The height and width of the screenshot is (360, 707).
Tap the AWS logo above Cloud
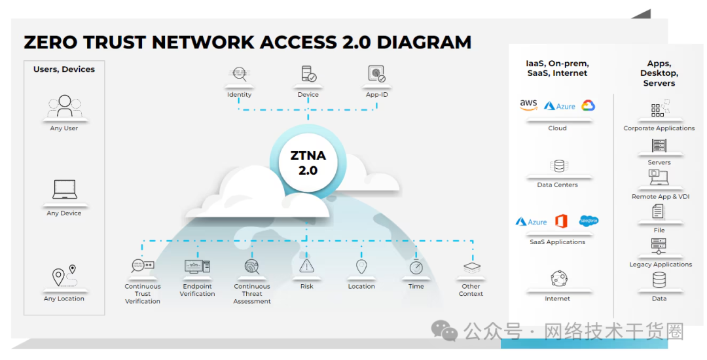click(x=528, y=105)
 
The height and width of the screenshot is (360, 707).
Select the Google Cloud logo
click(x=587, y=105)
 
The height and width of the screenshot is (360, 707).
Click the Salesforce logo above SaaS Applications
click(x=589, y=221)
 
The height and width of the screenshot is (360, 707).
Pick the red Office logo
click(x=561, y=221)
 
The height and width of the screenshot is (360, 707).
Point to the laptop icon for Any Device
click(x=65, y=190)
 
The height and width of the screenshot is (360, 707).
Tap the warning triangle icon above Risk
click(x=307, y=266)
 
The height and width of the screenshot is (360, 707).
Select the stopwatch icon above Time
click(x=416, y=266)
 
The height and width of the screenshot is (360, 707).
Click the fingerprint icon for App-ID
click(x=376, y=75)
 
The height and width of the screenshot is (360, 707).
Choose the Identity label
click(x=239, y=95)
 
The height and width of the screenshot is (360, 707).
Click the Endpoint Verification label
click(x=197, y=290)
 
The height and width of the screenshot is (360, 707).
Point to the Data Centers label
click(x=557, y=185)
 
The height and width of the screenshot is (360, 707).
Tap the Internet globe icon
click(x=558, y=278)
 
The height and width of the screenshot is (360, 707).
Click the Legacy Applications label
click(x=660, y=264)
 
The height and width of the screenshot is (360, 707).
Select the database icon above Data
click(x=659, y=280)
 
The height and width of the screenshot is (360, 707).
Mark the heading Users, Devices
click(x=64, y=69)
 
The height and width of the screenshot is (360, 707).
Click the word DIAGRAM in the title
click(x=424, y=43)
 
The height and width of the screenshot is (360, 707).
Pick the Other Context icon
click(x=471, y=267)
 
